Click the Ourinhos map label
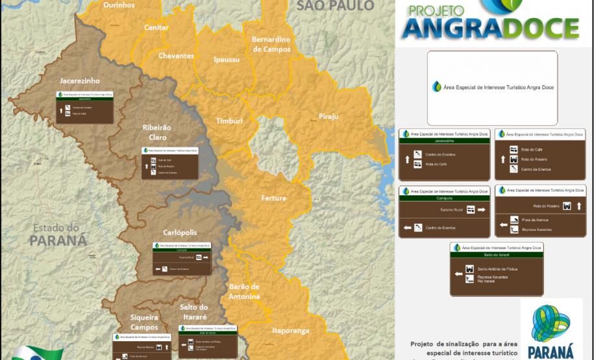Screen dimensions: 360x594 pyautogui.click(x=119, y=5)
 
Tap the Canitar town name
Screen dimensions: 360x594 pyautogui.click(x=156, y=28)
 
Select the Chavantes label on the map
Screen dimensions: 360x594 pyautogui.click(x=176, y=56)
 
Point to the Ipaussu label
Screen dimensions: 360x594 pyautogui.click(x=227, y=60)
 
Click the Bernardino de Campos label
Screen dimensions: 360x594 pyautogui.click(x=271, y=44)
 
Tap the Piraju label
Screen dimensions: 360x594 pyautogui.click(x=328, y=117)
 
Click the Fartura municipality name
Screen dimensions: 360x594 pyautogui.click(x=273, y=198)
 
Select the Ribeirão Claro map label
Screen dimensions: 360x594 pyautogui.click(x=156, y=132)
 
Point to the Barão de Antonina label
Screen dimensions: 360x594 pyautogui.click(x=244, y=291)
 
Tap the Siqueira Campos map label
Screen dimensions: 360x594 pyautogui.click(x=144, y=322)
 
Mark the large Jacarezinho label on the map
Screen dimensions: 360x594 pyautogui.click(x=80, y=81)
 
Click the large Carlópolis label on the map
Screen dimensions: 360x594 pyautogui.click(x=180, y=233)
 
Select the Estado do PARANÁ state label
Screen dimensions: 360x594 pyautogui.click(x=58, y=234)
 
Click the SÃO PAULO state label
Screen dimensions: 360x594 pyautogui.click(x=335, y=6)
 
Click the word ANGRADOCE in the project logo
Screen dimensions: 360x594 pyautogui.click(x=490, y=29)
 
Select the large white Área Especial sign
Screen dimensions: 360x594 pyautogui.click(x=491, y=88)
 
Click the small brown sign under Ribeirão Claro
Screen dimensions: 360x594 pyautogui.click(x=170, y=162)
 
